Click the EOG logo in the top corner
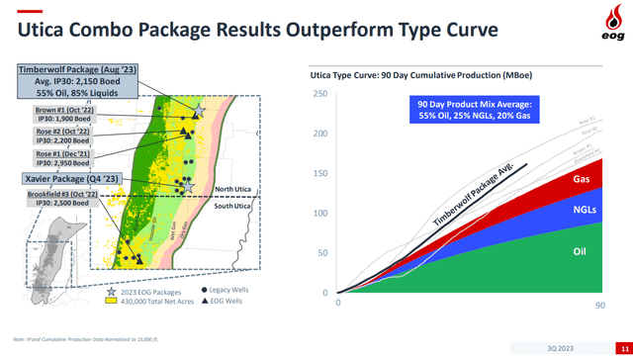[606, 20]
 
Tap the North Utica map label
[237, 189]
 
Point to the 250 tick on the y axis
[321, 94]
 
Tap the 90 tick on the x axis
[600, 306]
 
